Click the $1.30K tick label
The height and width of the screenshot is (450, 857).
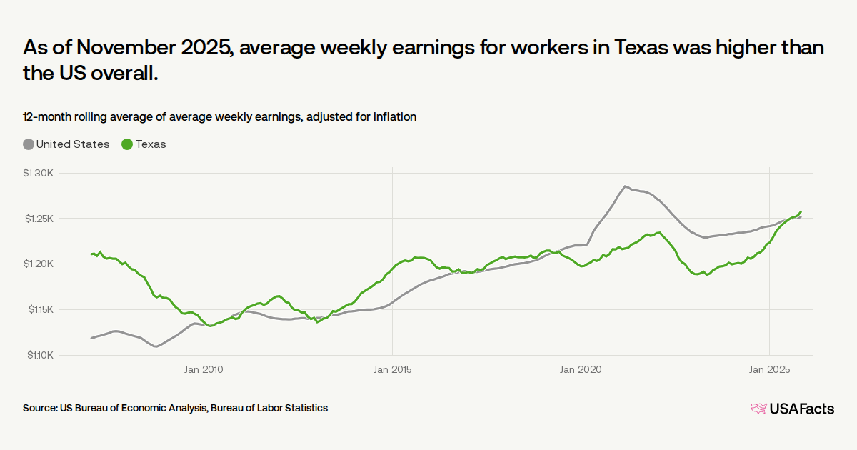(x=39, y=173)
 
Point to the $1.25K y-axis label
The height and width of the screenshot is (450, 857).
(x=39, y=219)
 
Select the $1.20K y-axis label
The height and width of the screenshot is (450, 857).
(x=39, y=264)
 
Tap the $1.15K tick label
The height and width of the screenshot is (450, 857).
(x=39, y=309)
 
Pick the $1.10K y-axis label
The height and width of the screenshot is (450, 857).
(x=39, y=355)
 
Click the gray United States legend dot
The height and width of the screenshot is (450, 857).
(x=29, y=144)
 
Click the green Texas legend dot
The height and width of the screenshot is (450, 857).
(x=128, y=144)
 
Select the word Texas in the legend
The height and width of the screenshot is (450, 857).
(x=151, y=144)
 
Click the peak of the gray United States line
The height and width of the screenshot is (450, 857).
(x=625, y=186)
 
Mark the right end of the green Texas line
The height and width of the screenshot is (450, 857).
(x=801, y=211)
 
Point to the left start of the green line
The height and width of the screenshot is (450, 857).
(x=91, y=254)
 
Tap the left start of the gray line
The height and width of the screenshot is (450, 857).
(x=91, y=338)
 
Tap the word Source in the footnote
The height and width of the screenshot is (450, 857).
(x=39, y=408)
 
